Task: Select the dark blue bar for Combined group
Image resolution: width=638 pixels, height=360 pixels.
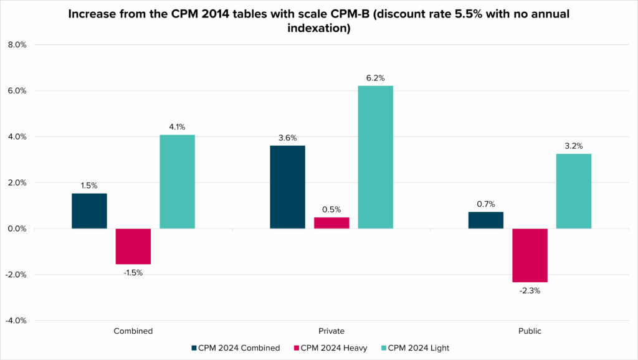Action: (89, 211)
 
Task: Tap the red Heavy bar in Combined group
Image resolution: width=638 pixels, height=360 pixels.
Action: (133, 246)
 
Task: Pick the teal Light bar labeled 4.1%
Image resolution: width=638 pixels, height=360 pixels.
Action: (177, 182)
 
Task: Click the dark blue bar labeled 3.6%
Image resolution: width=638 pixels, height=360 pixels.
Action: (287, 187)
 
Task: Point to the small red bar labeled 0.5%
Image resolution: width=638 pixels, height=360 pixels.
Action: (331, 223)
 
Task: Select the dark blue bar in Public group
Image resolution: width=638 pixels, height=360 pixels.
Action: (485, 220)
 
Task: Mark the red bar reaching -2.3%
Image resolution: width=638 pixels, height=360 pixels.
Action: (530, 255)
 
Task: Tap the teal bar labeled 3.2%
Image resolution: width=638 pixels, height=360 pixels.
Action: (574, 191)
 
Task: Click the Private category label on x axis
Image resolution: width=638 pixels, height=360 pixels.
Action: (331, 331)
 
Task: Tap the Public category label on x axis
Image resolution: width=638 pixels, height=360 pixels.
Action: (530, 331)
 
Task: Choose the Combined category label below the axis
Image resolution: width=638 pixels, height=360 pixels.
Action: (133, 331)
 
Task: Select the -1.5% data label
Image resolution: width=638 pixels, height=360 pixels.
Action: (133, 272)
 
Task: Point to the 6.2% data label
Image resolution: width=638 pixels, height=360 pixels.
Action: (376, 78)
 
